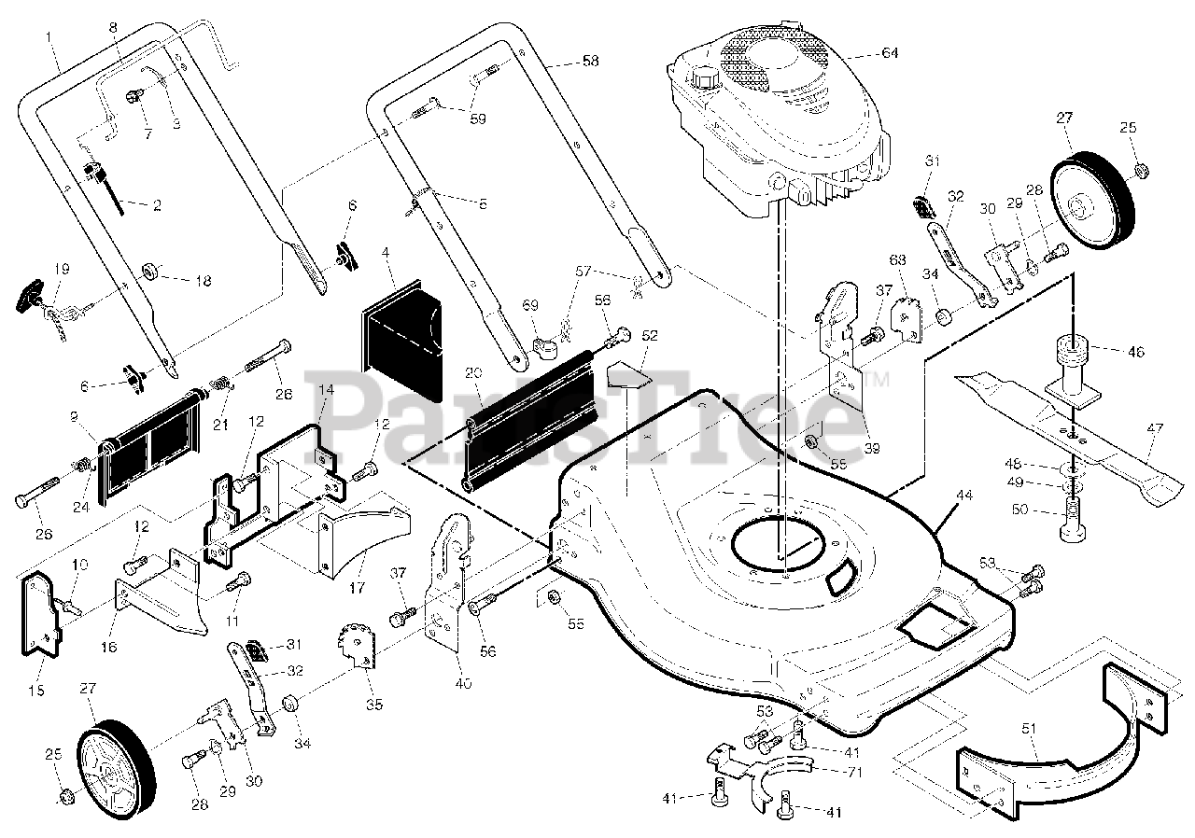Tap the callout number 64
coord(890,53)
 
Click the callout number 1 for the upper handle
coord(49,36)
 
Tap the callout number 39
coord(871,448)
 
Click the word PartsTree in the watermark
coord(597,411)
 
